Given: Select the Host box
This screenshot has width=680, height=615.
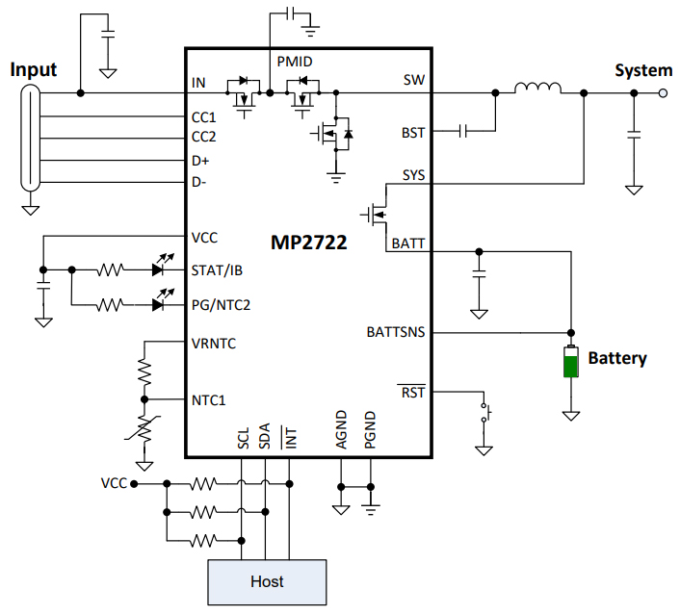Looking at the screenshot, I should (x=267, y=580).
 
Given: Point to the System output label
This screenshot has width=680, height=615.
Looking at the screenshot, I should (x=643, y=70).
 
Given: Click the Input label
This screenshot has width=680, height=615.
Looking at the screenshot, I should (x=34, y=69).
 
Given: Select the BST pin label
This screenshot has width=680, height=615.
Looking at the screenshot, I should (x=412, y=131).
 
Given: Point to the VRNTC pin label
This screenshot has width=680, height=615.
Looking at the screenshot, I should (x=214, y=342).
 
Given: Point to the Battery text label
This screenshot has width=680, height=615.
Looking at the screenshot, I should (x=617, y=358).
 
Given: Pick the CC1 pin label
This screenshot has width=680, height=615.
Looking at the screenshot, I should (x=204, y=116).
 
